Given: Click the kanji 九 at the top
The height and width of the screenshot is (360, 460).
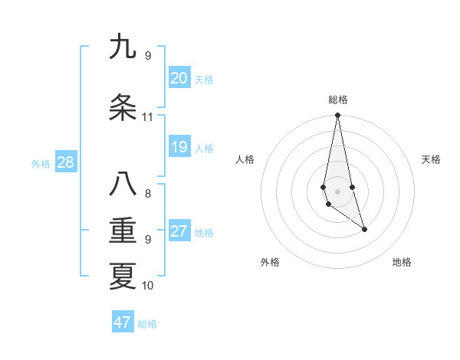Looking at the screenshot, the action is [123, 47].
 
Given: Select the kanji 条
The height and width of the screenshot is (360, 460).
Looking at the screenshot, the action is [123, 108].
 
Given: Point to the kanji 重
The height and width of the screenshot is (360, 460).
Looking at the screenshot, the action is [123, 231].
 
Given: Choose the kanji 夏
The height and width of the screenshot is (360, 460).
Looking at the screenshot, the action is [123, 277].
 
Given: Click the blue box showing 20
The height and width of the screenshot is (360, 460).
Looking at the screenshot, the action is [179, 78].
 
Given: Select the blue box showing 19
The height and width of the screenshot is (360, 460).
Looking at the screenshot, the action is [179, 147].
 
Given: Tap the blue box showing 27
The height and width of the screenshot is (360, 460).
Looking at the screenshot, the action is [179, 231].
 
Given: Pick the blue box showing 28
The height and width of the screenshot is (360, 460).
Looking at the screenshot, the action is [65, 162].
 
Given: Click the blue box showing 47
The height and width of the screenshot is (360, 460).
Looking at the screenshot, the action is [123, 322].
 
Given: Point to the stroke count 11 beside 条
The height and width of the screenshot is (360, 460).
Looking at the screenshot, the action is [147, 117].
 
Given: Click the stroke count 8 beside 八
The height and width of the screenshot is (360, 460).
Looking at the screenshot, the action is [147, 194].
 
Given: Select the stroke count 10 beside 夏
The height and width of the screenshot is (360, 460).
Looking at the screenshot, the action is [147, 286].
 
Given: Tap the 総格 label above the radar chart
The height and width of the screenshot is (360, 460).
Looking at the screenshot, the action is [337, 100].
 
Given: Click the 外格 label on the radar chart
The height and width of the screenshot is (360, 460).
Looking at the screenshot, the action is [270, 262].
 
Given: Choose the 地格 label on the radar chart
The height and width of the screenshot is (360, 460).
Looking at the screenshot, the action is [402, 262].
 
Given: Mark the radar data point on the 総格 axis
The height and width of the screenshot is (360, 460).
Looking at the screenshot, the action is [337, 116].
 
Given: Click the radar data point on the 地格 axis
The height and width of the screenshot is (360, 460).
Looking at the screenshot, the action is [364, 229].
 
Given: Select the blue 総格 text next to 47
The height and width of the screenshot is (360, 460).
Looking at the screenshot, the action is [147, 324].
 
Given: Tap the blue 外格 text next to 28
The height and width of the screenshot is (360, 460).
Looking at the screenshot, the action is [40, 164].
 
